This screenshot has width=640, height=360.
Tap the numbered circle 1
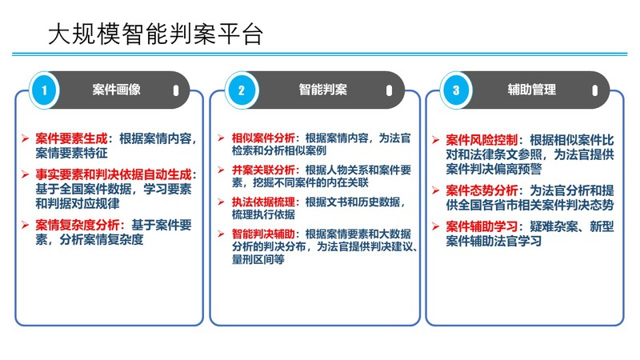click(x=46, y=90)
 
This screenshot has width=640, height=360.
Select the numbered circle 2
click(x=241, y=90)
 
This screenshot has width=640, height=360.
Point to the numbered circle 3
click(x=456, y=90)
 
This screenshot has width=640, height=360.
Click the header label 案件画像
click(x=117, y=90)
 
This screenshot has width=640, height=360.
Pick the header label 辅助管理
click(x=532, y=90)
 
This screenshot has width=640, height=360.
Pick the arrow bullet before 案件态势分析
click(x=436, y=190)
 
